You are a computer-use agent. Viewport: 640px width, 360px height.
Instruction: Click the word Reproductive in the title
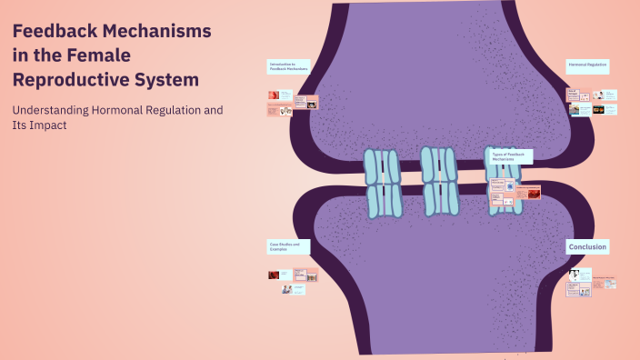tap(73, 80)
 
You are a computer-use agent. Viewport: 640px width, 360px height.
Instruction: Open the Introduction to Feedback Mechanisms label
tap(288, 66)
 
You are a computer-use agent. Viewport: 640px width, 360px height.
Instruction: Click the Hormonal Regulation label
tap(587, 65)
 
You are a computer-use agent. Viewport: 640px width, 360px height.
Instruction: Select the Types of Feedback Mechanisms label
tap(510, 156)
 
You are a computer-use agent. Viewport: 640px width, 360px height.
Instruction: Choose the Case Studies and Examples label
tap(288, 246)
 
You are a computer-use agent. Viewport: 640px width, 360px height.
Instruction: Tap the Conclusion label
tap(587, 246)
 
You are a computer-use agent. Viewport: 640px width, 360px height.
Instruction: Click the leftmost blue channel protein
tap(383, 183)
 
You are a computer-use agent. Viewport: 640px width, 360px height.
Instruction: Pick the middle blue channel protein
tap(440, 180)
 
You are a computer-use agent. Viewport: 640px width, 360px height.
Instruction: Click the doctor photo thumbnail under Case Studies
tap(287, 289)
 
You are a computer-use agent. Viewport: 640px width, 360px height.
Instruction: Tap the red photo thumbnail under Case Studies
tap(273, 275)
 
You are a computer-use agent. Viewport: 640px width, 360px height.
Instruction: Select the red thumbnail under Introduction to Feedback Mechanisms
tap(273, 95)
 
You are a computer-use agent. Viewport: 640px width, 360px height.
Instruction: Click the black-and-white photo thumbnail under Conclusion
tap(574, 274)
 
